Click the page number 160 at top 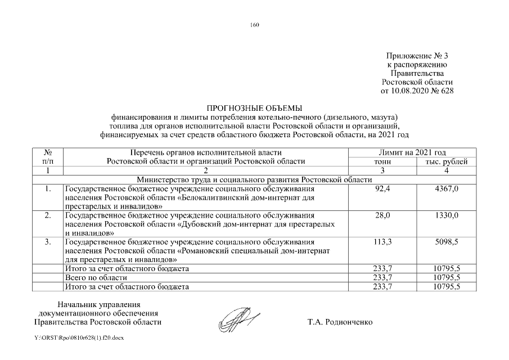click(254, 25)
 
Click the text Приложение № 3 click(417, 56)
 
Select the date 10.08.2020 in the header click(414, 90)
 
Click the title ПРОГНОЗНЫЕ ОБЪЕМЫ click(254, 108)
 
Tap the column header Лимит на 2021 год click(413, 152)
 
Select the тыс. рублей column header click(447, 161)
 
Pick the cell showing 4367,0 click(447, 188)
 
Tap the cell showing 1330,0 click(447, 215)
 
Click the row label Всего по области click(96, 278)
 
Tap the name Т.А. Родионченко click(340, 322)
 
